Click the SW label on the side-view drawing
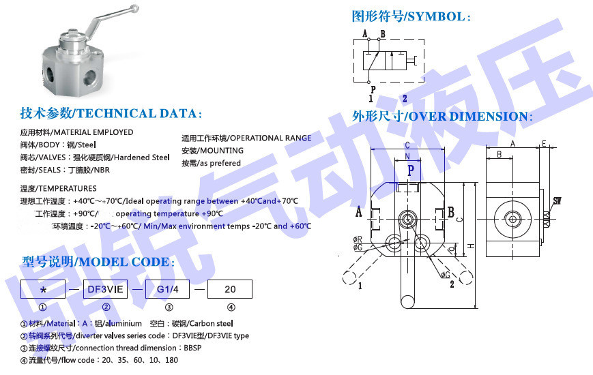[557, 200]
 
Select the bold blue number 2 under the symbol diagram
[423, 98]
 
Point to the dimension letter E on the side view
[544, 144]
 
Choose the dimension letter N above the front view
[407, 156]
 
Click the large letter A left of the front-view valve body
[359, 211]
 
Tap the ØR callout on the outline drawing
[358, 239]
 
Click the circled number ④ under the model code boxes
[230, 308]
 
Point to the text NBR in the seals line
[101, 170]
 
